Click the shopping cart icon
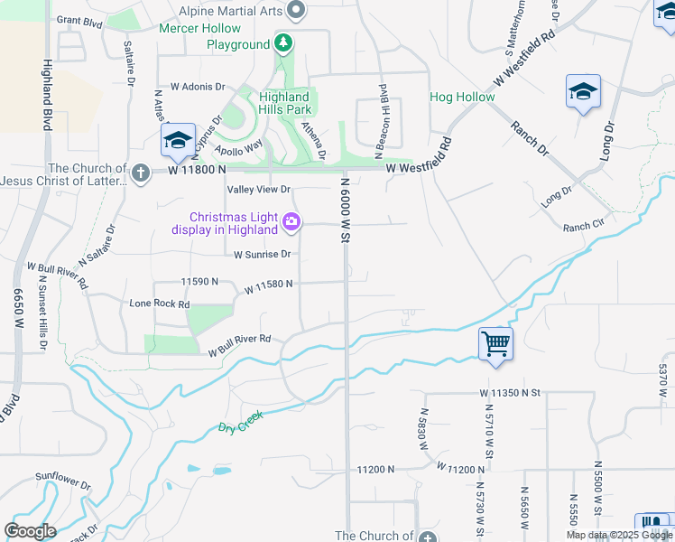click(x=495, y=344)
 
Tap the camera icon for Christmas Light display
click(x=291, y=221)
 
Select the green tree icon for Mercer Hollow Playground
click(x=283, y=43)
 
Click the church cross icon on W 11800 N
click(x=140, y=172)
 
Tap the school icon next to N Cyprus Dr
click(x=178, y=141)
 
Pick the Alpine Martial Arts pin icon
click(x=296, y=11)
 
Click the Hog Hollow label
click(x=462, y=97)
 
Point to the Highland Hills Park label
click(x=284, y=103)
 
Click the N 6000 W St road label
click(x=344, y=210)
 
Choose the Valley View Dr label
click(x=259, y=190)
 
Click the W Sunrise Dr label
click(x=262, y=255)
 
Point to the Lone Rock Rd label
click(x=160, y=304)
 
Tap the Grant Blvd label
click(x=80, y=20)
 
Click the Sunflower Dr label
click(x=64, y=479)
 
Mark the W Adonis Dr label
click(x=194, y=87)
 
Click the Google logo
click(x=30, y=530)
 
